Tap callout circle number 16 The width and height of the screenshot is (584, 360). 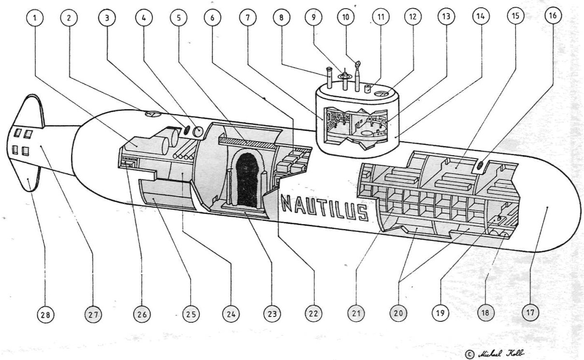click(553, 16)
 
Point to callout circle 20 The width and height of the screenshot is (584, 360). click(398, 314)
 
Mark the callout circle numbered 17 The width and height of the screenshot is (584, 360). click(529, 313)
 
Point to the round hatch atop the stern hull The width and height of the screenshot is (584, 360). click(152, 114)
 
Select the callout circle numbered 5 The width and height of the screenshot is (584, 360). click(178, 18)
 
